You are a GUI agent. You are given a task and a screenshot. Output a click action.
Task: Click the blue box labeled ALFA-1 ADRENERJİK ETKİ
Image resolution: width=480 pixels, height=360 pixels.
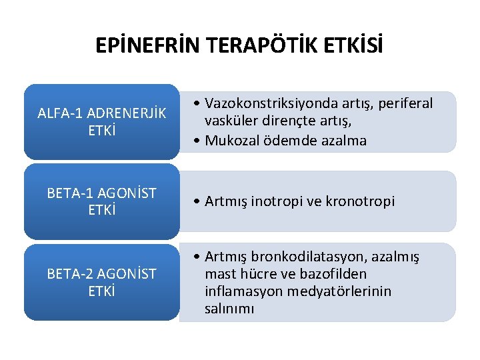click(101, 121)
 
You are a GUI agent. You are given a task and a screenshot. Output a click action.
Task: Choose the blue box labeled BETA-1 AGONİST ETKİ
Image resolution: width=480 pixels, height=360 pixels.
click(101, 201)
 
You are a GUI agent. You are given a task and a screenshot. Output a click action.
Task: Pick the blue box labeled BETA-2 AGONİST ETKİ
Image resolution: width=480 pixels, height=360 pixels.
click(101, 282)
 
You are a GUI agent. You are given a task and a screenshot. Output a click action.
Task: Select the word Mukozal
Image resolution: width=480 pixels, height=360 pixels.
click(231, 140)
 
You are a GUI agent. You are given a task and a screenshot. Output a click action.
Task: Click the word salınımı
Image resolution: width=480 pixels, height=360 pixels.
click(229, 309)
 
